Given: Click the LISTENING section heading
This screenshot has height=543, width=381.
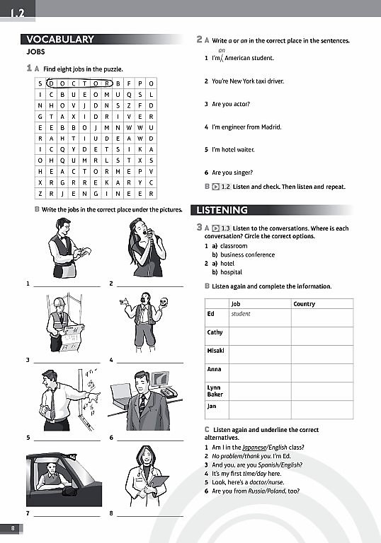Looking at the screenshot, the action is (222, 210).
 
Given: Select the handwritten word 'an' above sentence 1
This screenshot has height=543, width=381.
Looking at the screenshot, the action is (222, 51).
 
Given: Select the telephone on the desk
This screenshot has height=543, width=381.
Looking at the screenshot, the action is (167, 391).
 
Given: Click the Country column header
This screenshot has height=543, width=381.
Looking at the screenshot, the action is (305, 304).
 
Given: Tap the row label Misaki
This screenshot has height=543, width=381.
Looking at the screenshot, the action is (215, 351).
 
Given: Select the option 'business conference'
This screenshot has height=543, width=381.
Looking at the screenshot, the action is (247, 255).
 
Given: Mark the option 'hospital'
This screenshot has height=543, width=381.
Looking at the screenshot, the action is (231, 272).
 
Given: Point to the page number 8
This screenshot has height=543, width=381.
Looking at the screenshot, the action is (12, 529).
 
